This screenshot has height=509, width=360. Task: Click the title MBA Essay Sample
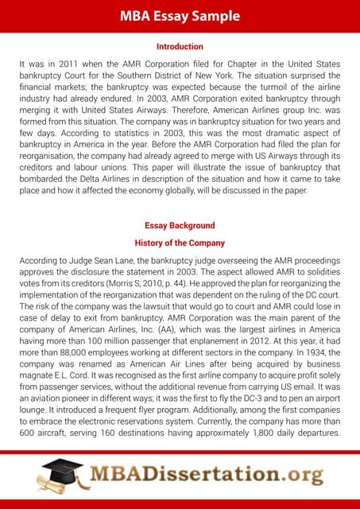click(x=180, y=15)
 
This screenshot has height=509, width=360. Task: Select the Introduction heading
click(x=180, y=47)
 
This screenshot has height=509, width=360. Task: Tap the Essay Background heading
click(x=180, y=226)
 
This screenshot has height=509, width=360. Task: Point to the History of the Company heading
click(x=180, y=243)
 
